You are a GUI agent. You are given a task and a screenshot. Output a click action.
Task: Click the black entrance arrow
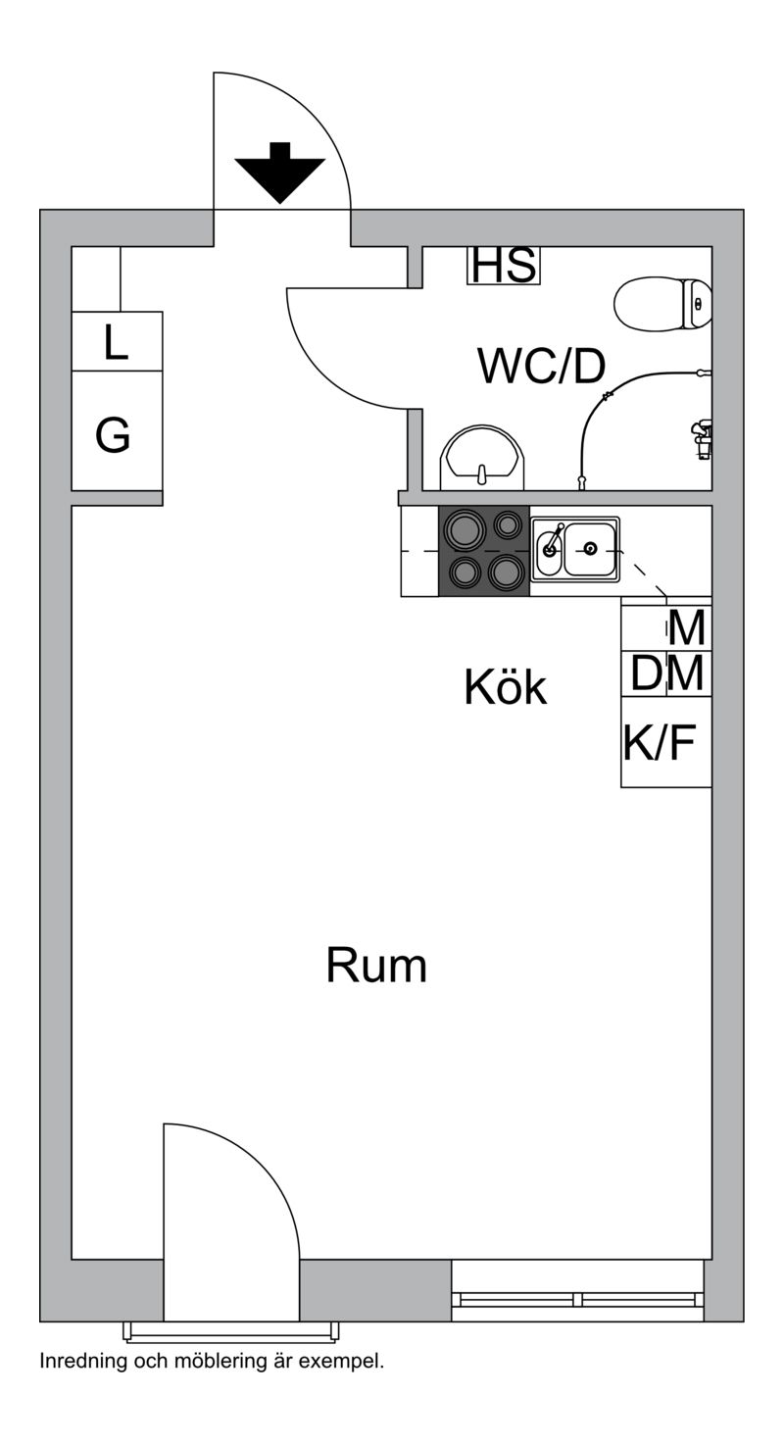[x=279, y=173]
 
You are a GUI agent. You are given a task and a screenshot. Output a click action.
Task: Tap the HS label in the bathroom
[x=504, y=265]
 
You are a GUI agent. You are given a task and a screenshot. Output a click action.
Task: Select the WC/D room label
[x=542, y=366]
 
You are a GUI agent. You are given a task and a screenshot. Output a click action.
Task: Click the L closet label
[x=116, y=342]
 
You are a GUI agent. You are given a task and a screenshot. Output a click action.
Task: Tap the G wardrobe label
[x=113, y=434]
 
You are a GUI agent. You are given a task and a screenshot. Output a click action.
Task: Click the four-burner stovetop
[x=483, y=551]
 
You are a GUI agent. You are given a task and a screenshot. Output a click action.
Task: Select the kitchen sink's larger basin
[x=590, y=549]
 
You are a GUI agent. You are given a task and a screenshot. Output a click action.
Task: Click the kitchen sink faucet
[x=552, y=540]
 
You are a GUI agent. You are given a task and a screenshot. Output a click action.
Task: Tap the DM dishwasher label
[x=666, y=673]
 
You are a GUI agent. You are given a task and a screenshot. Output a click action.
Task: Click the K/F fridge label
[x=659, y=742]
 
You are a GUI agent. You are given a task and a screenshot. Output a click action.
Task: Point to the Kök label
[x=506, y=687]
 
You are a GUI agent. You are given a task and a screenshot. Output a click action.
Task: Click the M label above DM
[x=686, y=628]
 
